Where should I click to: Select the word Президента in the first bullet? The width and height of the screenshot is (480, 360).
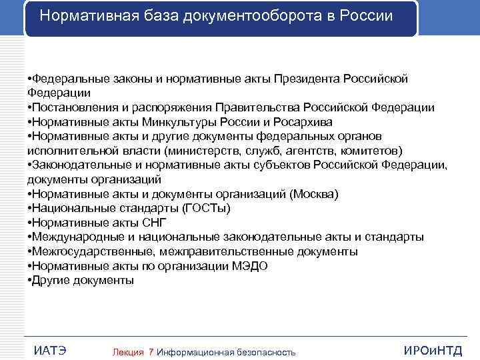[307, 79]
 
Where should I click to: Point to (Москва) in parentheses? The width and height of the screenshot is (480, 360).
[314, 194]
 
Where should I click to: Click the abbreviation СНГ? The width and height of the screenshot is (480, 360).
[154, 223]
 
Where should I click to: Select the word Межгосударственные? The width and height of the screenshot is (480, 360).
[83, 252]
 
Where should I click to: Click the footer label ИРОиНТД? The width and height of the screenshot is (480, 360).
[433, 351]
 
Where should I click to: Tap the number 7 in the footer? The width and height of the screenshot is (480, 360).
[151, 352]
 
